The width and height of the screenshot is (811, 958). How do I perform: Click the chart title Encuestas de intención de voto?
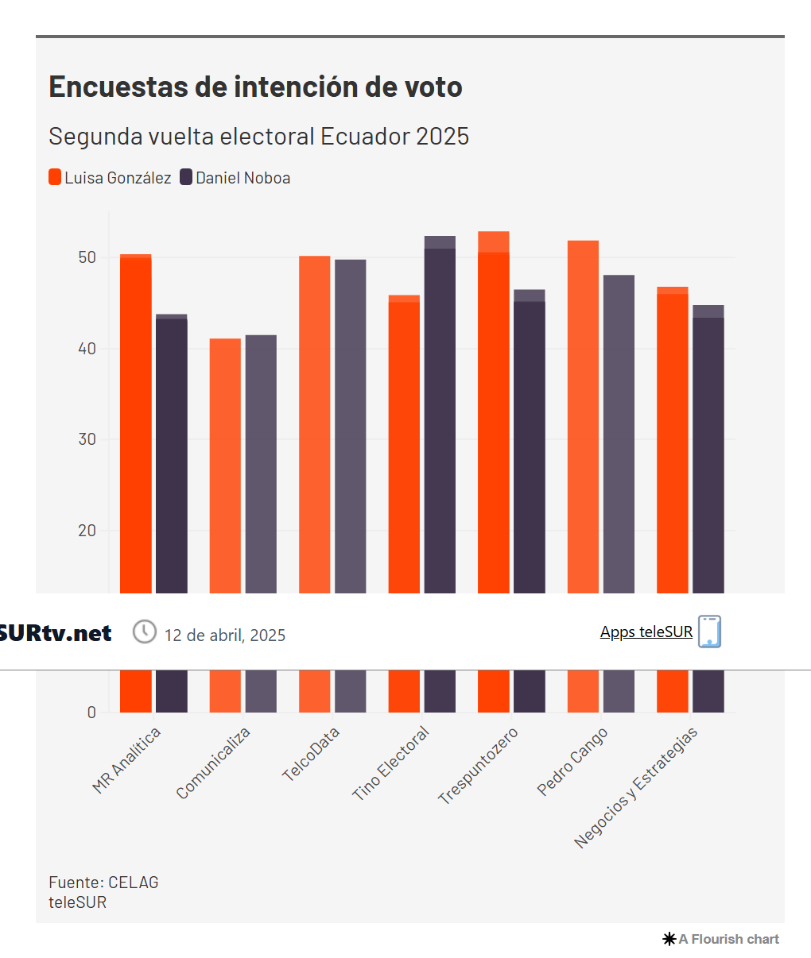pos(255,87)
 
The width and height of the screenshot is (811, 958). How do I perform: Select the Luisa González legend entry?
pos(110,178)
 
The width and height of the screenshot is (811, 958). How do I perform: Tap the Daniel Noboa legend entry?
pos(235,178)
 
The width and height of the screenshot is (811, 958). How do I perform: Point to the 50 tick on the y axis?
pos(87,257)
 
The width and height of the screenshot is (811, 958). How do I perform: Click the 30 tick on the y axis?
pos(87,439)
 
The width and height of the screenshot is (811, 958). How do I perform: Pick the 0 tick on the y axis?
pos(91,713)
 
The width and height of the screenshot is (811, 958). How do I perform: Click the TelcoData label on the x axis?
pos(312,754)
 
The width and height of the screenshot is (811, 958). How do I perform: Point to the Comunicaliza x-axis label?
pos(214,763)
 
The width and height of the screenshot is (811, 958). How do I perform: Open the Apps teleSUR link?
pos(646,632)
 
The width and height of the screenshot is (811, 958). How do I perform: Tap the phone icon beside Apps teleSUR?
pos(709,632)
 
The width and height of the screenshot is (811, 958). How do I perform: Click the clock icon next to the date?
pos(144,632)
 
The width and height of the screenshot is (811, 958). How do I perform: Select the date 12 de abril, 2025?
pos(224,635)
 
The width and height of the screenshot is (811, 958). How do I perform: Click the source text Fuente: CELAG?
pos(103,883)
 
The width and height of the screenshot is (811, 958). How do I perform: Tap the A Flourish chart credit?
pos(721,939)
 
